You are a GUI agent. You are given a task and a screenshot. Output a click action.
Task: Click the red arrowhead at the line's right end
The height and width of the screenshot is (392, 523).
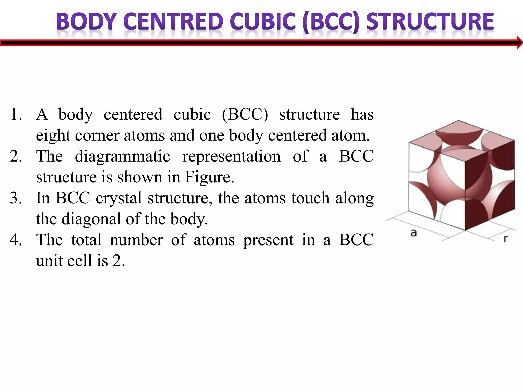point(520,43)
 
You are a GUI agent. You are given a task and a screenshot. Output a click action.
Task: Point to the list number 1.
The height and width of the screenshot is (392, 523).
point(16,114)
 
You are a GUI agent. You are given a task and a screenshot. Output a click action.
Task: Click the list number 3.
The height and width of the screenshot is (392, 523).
point(16,198)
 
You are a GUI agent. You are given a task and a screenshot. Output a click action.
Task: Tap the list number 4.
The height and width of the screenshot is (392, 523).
point(16,240)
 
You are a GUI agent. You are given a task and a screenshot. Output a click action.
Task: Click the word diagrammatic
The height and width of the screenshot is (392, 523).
point(122,156)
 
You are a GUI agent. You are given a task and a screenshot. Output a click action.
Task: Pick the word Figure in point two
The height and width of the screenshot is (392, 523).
point(209,177)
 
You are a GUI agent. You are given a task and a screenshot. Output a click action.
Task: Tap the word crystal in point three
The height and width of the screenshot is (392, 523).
point(119,198)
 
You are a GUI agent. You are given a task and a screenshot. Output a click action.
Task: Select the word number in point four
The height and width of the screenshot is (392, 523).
point(136,240)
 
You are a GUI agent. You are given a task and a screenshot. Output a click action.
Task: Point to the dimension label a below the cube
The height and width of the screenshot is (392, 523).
point(414,233)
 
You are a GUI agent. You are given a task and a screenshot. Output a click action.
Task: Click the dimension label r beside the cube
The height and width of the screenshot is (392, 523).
point(506,239)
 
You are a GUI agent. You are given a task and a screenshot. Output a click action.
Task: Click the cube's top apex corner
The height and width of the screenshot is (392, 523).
point(459,121)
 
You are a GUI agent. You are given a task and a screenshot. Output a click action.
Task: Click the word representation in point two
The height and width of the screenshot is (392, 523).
point(231,156)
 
